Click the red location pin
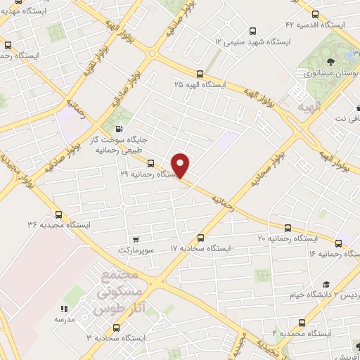coord(181,165)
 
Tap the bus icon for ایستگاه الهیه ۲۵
coord(200,73)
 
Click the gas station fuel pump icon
coord(117,129)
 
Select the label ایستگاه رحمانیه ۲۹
coord(151,173)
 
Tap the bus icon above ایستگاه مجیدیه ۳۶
coord(58,215)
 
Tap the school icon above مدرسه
coord(63,308)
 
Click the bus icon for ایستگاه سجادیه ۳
coord(115,327)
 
